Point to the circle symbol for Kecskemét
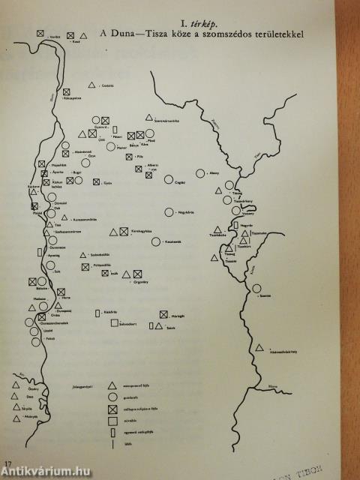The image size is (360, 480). click(x=157, y=241)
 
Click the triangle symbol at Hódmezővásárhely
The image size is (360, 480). click(x=259, y=347)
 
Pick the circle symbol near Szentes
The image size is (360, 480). click(x=257, y=289)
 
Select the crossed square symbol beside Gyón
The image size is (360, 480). click(x=96, y=181)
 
